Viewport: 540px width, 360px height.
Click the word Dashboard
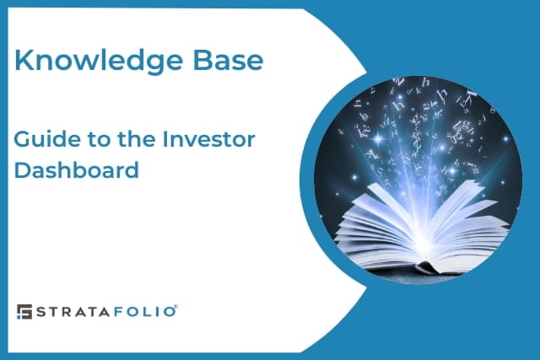click(x=77, y=169)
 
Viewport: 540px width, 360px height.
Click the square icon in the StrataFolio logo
click(x=24, y=311)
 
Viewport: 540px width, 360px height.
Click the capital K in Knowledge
click(x=24, y=62)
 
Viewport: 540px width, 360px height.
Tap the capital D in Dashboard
click(x=23, y=169)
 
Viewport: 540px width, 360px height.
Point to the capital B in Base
click(x=200, y=62)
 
